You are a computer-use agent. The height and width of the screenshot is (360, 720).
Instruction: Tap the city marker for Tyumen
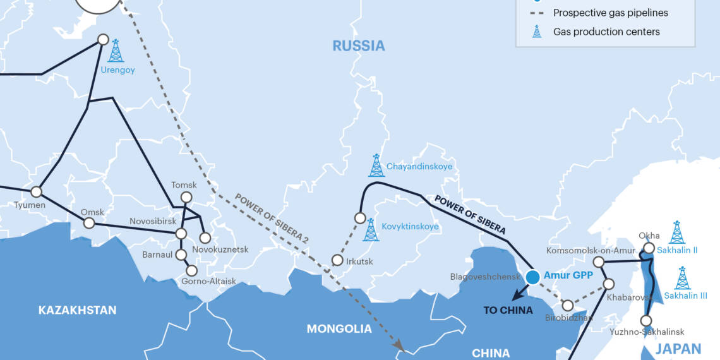pos(36,191)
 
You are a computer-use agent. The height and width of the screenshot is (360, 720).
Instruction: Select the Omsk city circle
pos(89,223)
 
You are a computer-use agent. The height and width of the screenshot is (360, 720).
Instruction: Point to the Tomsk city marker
pos(186,198)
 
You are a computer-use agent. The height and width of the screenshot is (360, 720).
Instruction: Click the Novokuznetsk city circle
pos(205,238)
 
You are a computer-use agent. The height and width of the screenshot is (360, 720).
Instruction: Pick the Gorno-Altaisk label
pos(208,281)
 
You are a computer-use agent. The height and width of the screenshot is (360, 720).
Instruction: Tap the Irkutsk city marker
pos(337,260)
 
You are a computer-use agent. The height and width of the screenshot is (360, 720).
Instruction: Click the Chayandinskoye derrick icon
pos(376,165)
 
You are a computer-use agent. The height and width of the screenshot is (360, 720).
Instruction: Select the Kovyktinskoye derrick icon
pos(371,230)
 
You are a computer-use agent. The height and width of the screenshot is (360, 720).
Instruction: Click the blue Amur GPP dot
pos(532,277)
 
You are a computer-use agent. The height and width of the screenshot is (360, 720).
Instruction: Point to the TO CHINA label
pos(508,310)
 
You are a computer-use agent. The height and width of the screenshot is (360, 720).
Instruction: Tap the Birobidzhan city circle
pos(567,306)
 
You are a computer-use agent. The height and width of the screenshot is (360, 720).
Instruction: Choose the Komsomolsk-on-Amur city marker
pos(599,261)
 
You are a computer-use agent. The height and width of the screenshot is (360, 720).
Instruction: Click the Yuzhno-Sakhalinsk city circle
pos(646,320)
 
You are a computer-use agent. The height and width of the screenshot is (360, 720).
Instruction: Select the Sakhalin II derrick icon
pos(676,232)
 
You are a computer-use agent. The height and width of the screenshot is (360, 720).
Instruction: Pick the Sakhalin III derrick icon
pos(682,278)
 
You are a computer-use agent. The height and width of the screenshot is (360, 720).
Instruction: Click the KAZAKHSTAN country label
pos(77,310)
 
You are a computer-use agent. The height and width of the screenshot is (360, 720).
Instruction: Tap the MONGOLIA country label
pos(339,328)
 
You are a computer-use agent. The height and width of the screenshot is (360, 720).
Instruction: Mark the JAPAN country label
pos(678,349)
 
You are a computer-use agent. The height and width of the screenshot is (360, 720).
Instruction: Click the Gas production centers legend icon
pos(537,31)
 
